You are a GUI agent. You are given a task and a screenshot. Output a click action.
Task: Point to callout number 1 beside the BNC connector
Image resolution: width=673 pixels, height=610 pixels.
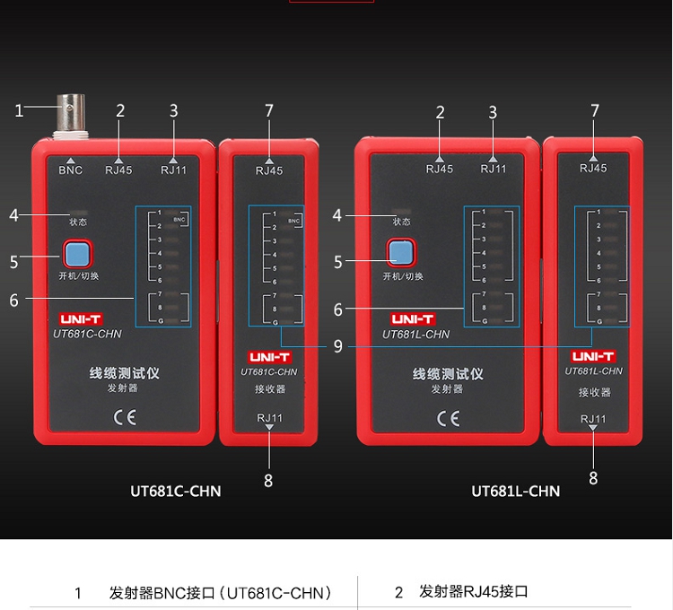point(19,111)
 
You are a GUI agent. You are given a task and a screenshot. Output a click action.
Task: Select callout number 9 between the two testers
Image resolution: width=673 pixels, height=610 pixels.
point(337,346)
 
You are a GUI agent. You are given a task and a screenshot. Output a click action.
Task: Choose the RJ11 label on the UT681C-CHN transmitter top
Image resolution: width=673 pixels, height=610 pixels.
point(173,170)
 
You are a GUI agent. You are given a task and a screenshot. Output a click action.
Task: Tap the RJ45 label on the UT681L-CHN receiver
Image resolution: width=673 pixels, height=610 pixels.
point(593,168)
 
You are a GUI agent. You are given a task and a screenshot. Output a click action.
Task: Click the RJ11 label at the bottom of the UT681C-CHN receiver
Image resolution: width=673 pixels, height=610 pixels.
point(269,418)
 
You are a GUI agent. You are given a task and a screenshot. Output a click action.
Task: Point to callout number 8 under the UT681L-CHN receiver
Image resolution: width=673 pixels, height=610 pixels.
point(593,478)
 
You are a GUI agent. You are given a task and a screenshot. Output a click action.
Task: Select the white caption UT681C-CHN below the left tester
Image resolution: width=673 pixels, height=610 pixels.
point(175,491)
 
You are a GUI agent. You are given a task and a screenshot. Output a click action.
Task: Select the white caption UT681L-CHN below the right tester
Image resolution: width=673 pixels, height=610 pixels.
point(515,491)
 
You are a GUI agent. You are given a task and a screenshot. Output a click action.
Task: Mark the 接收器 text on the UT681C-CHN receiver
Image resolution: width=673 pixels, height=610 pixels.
point(269,389)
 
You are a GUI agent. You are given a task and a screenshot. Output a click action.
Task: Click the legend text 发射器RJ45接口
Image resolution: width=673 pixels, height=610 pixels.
point(474,592)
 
